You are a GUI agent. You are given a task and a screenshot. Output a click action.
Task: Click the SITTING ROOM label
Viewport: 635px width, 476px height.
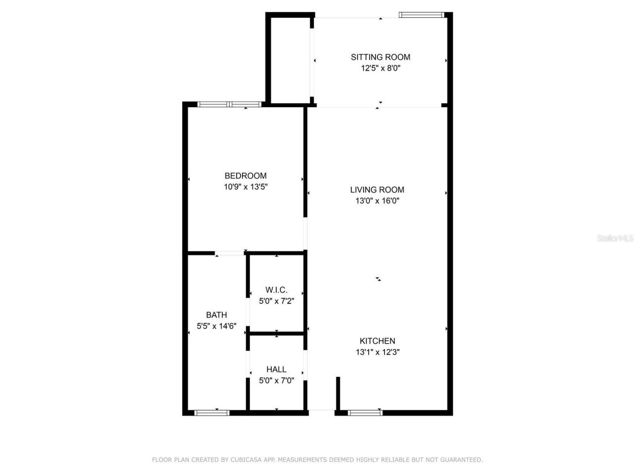tap(381, 57)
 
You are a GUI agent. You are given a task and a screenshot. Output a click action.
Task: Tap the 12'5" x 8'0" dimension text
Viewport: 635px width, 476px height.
tap(381, 68)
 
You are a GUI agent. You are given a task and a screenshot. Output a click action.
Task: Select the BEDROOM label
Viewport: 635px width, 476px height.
tap(246, 176)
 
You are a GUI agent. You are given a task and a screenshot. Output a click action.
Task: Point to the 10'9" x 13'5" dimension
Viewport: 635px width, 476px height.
tap(246, 187)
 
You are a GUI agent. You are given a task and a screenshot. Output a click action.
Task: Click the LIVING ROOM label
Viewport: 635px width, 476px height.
tap(377, 189)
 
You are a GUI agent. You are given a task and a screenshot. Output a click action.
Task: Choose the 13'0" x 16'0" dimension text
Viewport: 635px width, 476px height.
tap(377, 201)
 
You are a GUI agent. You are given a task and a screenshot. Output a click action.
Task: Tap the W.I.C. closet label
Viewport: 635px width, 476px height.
tap(276, 290)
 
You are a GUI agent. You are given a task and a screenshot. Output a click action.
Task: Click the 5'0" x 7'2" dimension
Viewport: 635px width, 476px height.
tap(276, 301)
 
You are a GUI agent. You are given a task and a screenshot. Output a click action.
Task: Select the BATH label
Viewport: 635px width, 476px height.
tap(216, 315)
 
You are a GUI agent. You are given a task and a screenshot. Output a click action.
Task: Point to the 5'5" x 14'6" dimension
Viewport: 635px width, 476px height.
tap(216, 326)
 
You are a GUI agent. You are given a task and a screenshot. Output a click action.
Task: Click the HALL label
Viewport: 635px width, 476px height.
tap(276, 369)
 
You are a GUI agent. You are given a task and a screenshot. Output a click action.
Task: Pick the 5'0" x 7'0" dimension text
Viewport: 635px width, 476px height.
tap(276, 381)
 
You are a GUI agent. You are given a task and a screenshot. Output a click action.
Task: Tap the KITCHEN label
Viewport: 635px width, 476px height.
tap(378, 341)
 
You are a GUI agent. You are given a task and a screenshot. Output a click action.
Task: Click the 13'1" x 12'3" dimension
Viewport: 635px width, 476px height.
tap(378, 353)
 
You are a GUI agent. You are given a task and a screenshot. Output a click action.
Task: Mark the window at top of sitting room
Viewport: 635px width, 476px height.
tap(422, 15)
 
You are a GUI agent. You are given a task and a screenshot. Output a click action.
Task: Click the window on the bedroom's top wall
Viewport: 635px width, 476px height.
tap(229, 104)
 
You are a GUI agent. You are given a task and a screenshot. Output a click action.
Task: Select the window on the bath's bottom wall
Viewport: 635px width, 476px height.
tap(212, 413)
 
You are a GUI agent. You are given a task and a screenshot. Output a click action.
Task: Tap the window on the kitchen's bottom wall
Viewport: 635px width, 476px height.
tap(365, 413)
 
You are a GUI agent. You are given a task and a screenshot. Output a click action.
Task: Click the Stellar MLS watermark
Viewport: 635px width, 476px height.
tap(615, 238)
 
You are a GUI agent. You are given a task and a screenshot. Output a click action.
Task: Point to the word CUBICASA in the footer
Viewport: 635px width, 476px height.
tap(246, 460)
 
